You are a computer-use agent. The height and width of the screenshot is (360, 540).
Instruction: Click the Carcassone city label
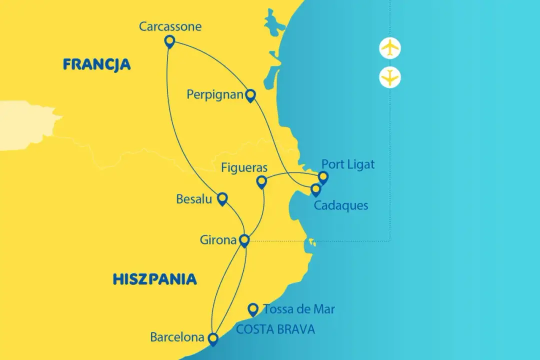click(170, 26)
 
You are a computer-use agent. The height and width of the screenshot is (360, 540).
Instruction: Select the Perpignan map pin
click(250, 95)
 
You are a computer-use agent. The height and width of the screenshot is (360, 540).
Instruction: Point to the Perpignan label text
click(214, 94)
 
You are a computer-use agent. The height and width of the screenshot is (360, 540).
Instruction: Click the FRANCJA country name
click(96, 64)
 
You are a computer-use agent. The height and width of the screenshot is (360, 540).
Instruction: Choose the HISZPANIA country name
click(154, 279)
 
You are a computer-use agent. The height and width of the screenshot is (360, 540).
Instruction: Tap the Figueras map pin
click(261, 181)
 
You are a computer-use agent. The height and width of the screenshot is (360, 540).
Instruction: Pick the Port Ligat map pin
click(323, 177)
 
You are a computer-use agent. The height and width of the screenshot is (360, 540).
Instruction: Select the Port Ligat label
click(347, 164)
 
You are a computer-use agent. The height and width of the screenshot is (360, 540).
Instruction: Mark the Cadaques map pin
click(315, 189)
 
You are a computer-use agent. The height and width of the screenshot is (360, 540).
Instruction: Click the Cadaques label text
click(340, 205)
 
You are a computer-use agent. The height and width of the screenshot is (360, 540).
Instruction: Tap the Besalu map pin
click(222, 199)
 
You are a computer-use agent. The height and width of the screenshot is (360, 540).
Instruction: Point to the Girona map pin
click(244, 240)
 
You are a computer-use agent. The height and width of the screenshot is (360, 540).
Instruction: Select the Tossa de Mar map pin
click(253, 309)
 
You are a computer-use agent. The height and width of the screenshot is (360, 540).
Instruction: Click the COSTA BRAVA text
click(275, 329)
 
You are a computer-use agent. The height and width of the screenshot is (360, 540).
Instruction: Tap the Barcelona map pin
click(213, 339)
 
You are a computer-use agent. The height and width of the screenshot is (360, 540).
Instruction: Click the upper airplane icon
click(390, 47)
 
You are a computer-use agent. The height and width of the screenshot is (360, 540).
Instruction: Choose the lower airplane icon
click(390, 77)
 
